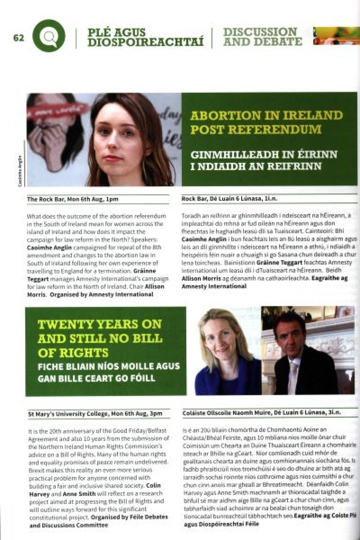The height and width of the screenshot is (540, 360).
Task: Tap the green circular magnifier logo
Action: (49, 37)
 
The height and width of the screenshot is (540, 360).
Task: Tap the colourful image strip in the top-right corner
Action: (336, 36)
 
